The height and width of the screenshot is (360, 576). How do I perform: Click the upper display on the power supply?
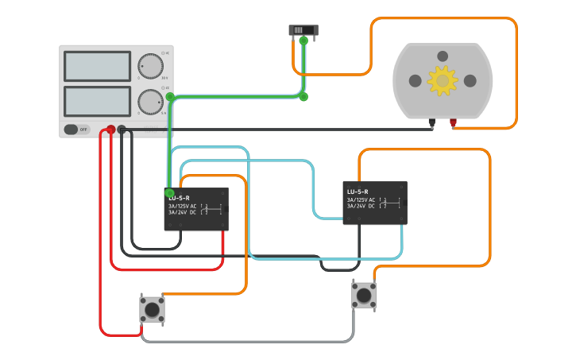click(x=97, y=66)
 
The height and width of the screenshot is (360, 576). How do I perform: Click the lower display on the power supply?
click(x=97, y=101)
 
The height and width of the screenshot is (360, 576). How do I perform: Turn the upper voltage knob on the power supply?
click(x=150, y=66)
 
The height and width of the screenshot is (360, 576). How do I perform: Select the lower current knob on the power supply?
click(x=150, y=102)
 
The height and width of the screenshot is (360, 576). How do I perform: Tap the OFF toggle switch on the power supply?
click(x=76, y=129)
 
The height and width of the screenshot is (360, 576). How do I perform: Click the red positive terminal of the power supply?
click(x=110, y=129)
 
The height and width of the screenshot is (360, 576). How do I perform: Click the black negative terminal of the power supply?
click(x=122, y=129)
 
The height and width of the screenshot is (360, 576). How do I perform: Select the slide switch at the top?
click(x=303, y=30)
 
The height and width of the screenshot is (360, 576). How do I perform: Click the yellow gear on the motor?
click(x=443, y=80)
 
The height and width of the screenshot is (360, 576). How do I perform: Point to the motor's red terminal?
click(x=454, y=122)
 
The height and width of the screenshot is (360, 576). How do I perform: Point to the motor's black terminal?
click(x=431, y=122)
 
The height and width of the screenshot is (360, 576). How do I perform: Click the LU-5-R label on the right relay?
click(x=358, y=192)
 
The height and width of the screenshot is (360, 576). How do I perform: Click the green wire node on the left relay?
click(x=169, y=192)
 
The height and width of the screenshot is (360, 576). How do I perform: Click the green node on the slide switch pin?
click(x=303, y=41)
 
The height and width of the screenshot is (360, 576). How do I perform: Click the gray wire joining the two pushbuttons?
click(x=246, y=342)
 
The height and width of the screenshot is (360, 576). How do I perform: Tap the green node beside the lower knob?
click(x=170, y=96)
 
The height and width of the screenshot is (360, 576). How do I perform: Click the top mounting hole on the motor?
click(x=443, y=56)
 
